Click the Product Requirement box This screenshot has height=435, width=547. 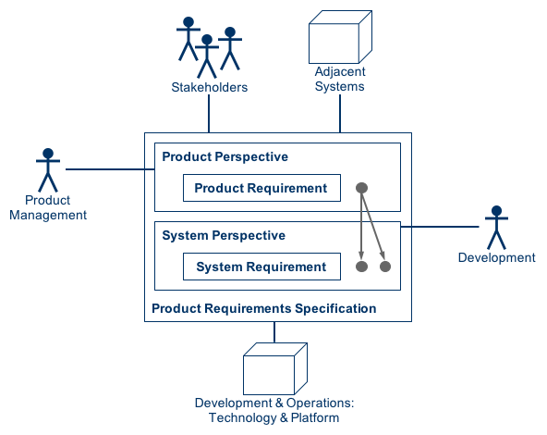pyautogui.click(x=261, y=188)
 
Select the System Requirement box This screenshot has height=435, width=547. pyautogui.click(x=261, y=267)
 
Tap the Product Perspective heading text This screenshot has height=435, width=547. pyautogui.click(x=225, y=156)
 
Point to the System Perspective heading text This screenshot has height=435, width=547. pyautogui.click(x=224, y=235)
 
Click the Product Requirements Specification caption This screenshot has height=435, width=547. pyautogui.click(x=264, y=308)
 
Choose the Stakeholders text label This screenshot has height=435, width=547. pyautogui.click(x=210, y=88)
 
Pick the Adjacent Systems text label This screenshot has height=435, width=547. pyautogui.click(x=340, y=80)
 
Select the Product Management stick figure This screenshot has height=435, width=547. pyautogui.click(x=47, y=169)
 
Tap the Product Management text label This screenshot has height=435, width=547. pyautogui.click(x=48, y=207)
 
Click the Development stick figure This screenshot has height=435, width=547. pyautogui.click(x=497, y=227)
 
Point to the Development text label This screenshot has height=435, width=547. pyautogui.click(x=497, y=257)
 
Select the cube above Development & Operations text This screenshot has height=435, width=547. pyautogui.click(x=273, y=368)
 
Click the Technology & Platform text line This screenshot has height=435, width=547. pyautogui.click(x=274, y=418)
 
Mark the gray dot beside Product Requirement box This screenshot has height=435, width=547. pyautogui.click(x=362, y=188)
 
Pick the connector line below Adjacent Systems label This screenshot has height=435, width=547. pyautogui.click(x=341, y=113)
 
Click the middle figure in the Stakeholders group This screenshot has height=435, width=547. pyautogui.click(x=208, y=56)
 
